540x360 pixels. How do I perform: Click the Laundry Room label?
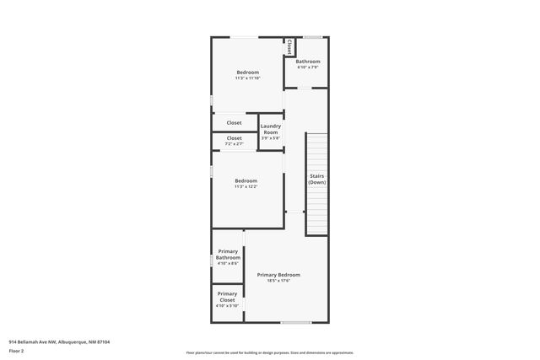pos(270,129)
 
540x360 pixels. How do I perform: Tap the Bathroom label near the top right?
pos(308,62)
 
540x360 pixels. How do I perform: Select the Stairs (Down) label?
pos(316,179)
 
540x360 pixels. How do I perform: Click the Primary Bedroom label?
pos(278,275)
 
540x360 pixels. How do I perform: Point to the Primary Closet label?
pos(227,297)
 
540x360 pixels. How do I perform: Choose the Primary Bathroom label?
pos(228,254)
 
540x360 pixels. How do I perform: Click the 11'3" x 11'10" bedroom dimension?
pos(248,78)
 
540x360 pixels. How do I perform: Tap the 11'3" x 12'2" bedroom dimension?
pos(246,186)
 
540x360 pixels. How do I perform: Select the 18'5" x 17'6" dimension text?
pos(278,282)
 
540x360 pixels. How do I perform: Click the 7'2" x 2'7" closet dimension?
pos(234,144)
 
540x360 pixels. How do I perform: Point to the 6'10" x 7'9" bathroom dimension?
pos(308,67)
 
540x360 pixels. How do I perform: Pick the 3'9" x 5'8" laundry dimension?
pos(270,139)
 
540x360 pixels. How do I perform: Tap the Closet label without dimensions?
pos(234,123)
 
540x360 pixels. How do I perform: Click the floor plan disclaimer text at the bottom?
pos(270,352)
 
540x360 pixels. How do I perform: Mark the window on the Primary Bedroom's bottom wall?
pos(295,323)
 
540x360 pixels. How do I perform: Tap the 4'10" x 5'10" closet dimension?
pos(228,305)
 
